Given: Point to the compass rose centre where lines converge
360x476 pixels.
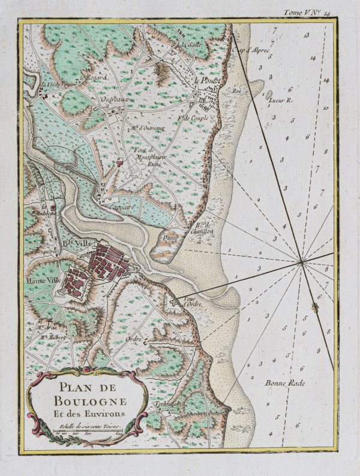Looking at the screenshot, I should pyautogui.click(x=301, y=261).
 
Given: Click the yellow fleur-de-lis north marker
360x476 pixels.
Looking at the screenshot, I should pyautogui.click(x=314, y=308).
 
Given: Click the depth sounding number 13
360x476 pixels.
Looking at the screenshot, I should pyautogui.click(x=306, y=35).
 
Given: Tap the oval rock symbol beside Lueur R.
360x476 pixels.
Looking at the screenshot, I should pyautogui.click(x=269, y=94).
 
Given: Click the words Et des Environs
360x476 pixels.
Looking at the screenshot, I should pyautogui.click(x=88, y=413).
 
